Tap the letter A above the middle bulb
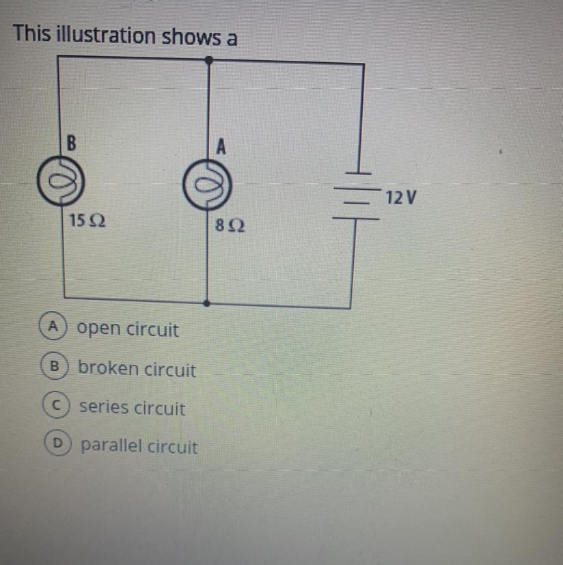coord(220,146)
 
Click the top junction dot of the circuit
coord(208,61)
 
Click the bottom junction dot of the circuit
coord(207,301)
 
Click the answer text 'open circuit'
coord(128,330)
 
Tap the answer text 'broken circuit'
coord(137,370)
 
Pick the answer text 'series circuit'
coord(132,409)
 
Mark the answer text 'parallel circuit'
coord(139,447)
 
